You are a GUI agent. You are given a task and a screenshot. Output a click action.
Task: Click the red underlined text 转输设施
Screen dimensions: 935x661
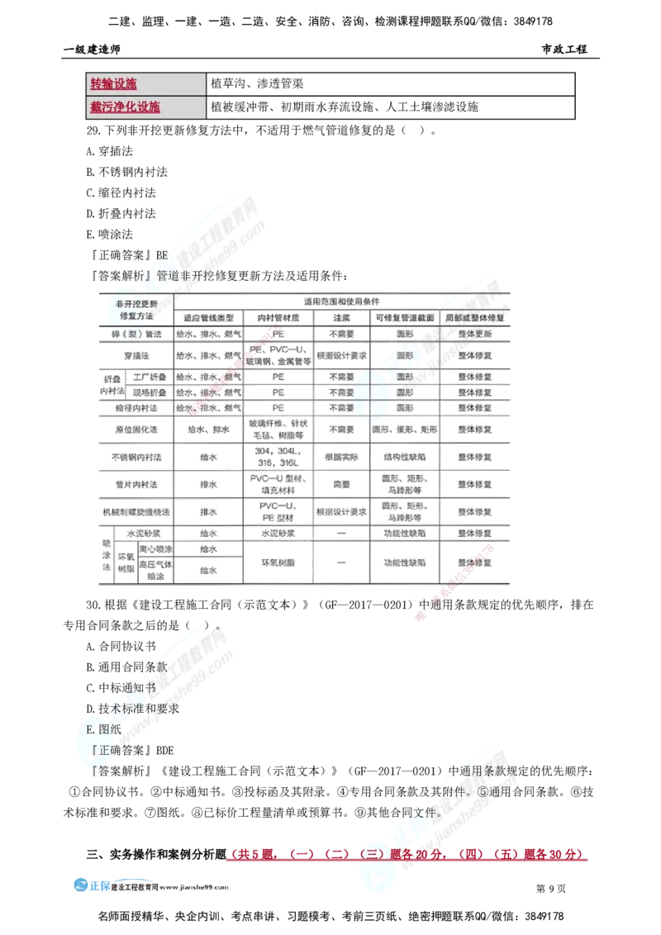click(x=113, y=84)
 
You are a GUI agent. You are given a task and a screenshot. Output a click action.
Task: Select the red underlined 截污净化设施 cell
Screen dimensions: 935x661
click(x=125, y=107)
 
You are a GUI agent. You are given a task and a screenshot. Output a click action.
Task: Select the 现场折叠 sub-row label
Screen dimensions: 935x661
click(x=149, y=392)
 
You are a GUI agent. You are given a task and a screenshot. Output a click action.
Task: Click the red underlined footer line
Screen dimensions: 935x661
click(x=405, y=856)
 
